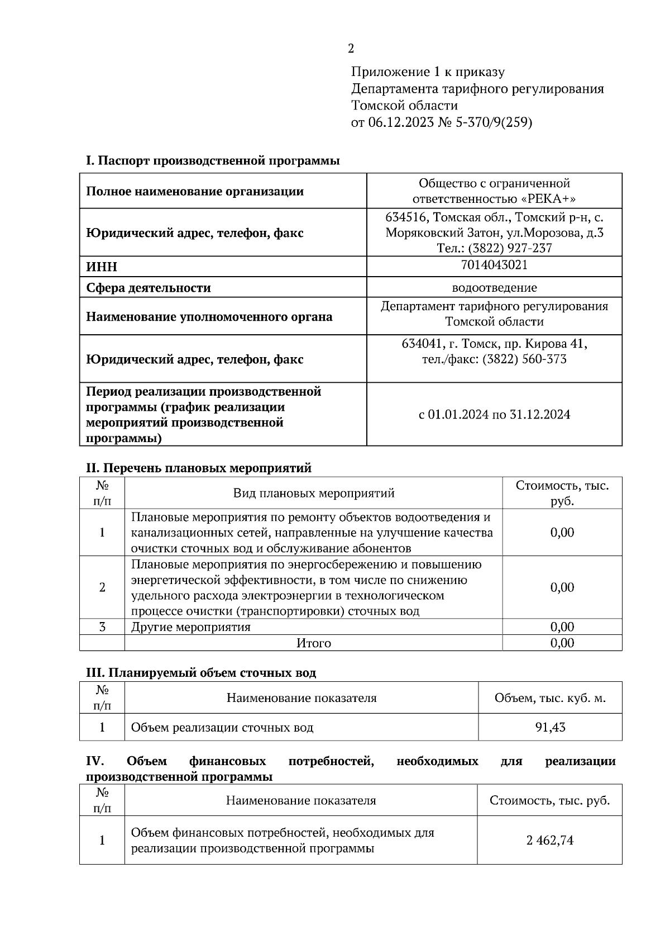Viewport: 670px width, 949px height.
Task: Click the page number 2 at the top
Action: [x=351, y=49]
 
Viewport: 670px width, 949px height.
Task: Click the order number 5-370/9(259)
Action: [x=494, y=122]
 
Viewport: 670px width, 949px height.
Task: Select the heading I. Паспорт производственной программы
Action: [x=213, y=161]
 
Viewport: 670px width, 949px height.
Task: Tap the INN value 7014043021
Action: [x=494, y=265]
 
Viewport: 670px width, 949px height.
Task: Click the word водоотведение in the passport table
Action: [x=494, y=288]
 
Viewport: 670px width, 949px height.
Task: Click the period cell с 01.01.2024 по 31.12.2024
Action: [x=494, y=415]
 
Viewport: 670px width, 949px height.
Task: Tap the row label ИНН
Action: [x=102, y=267]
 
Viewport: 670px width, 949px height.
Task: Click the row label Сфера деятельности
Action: [x=149, y=288]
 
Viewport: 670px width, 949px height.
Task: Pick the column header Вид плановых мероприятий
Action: [x=314, y=493]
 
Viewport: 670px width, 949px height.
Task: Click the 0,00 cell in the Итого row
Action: [x=562, y=643]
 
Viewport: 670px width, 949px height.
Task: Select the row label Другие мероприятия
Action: [x=191, y=627]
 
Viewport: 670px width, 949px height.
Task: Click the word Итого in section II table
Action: [x=314, y=643]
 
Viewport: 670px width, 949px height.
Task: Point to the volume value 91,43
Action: [x=550, y=728]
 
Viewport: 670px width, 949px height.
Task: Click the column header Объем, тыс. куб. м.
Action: [x=550, y=698]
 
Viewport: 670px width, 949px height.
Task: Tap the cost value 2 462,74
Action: [x=549, y=841]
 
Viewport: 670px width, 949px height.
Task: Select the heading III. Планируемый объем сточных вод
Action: [x=201, y=673]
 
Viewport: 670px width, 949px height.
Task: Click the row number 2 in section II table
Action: [x=102, y=587]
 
